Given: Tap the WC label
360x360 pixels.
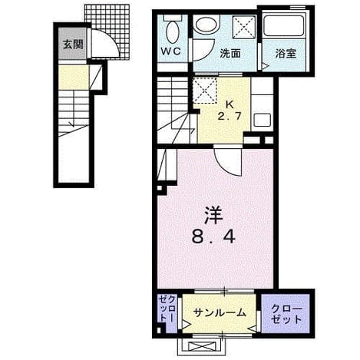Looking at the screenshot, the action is click(171, 51).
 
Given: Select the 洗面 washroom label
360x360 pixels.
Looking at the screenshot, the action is click(230, 54).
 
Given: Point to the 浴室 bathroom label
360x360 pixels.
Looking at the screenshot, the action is click(286, 54).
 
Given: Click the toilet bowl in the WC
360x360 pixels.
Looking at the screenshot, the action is click(173, 31).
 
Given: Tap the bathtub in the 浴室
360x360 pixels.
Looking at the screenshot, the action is click(284, 26).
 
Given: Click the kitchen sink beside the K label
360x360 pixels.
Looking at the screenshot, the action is click(263, 120).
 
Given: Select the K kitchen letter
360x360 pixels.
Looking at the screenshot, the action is click(230, 104).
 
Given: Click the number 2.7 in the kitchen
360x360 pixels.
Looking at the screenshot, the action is click(230, 117).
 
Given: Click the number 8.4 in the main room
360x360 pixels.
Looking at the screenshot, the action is click(213, 237).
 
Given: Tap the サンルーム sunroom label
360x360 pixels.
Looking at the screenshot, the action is click(220, 312).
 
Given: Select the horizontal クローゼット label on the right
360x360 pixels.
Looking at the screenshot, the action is click(286, 314).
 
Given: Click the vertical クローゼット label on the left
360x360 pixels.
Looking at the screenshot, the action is click(167, 308).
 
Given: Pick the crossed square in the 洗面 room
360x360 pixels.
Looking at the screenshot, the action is click(244, 28).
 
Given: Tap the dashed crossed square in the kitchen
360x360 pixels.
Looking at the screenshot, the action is click(205, 91).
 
